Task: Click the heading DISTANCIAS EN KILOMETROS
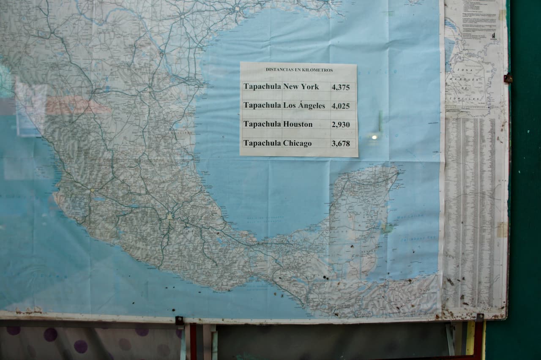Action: [299, 70]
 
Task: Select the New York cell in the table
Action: [301, 87]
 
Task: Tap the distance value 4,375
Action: [341, 87]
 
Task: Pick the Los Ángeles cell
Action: [304, 106]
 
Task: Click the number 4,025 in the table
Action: [341, 106]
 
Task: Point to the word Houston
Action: [298, 124]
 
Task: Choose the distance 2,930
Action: [341, 125]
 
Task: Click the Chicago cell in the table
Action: [297, 143]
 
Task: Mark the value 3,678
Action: [341, 144]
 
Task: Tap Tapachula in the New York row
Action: [262, 87]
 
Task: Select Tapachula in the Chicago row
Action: [262, 143]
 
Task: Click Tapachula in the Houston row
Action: [262, 124]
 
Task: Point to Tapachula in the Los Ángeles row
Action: [262, 106]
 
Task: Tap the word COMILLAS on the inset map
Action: [467, 98]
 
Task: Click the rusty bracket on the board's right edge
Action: [508, 78]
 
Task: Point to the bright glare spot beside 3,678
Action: [373, 137]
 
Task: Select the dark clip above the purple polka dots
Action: [180, 321]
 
